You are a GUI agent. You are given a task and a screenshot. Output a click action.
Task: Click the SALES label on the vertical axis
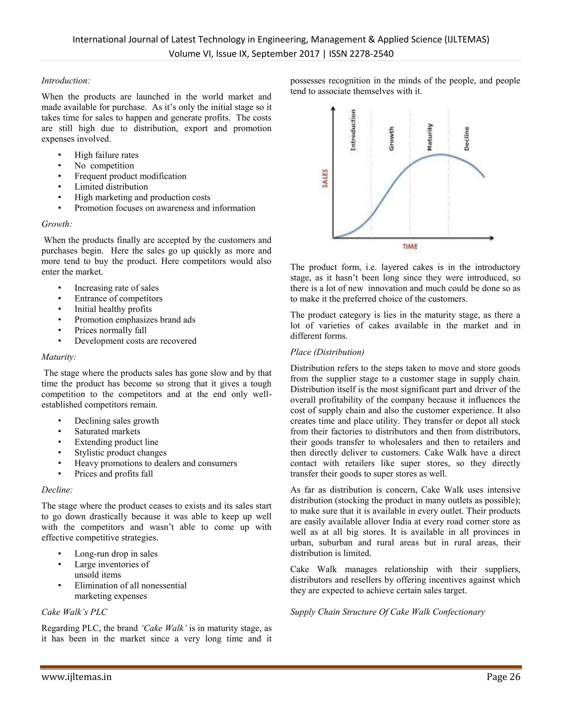325,178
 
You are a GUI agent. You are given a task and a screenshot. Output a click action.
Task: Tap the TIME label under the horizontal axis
410,247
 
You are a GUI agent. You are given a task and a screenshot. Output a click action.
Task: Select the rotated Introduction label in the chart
353,130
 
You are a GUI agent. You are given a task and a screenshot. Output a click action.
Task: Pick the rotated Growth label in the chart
392,138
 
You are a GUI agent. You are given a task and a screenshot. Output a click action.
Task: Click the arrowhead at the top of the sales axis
333,108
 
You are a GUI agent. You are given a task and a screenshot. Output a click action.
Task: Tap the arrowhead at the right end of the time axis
492,238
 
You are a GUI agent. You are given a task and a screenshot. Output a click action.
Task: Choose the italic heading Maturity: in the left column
59,357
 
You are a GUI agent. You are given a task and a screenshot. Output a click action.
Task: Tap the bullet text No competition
104,166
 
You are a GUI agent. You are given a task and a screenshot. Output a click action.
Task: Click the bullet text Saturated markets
107,432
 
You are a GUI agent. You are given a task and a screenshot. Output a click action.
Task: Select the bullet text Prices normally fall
110,330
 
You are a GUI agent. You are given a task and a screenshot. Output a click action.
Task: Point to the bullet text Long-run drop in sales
116,554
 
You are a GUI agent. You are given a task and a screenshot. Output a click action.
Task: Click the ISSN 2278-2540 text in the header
361,53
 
